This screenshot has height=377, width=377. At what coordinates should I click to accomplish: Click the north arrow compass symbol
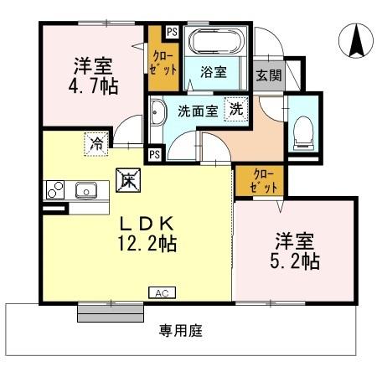[354, 39]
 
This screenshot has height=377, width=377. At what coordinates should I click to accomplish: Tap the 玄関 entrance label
[268, 75]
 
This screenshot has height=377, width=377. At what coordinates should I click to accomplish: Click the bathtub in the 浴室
[214, 42]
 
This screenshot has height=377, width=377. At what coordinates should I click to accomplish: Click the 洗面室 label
[197, 109]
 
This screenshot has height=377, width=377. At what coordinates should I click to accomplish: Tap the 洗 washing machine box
[237, 108]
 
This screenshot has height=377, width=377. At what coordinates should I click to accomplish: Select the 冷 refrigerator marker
[98, 143]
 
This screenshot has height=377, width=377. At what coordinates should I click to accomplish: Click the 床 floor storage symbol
[127, 179]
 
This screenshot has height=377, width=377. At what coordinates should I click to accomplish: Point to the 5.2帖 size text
[293, 261]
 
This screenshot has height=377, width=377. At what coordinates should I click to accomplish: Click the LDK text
[151, 224]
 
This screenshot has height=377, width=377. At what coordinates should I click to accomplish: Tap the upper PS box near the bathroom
[172, 32]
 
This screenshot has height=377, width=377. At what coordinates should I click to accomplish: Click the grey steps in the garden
[105, 312]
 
